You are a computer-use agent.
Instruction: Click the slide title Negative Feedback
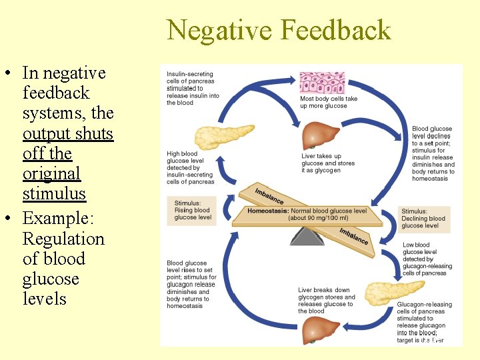(x=279, y=31)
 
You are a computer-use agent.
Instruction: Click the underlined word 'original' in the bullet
(x=51, y=173)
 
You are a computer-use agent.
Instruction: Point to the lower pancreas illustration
(x=393, y=293)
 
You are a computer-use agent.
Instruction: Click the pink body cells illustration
(x=322, y=83)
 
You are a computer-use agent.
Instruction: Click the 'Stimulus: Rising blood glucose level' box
(x=193, y=210)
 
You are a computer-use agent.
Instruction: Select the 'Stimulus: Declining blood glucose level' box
(x=423, y=219)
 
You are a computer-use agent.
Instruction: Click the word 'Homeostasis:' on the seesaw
(x=268, y=211)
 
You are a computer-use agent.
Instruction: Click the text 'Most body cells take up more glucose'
(x=329, y=102)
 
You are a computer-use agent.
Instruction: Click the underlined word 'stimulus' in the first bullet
(x=54, y=193)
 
